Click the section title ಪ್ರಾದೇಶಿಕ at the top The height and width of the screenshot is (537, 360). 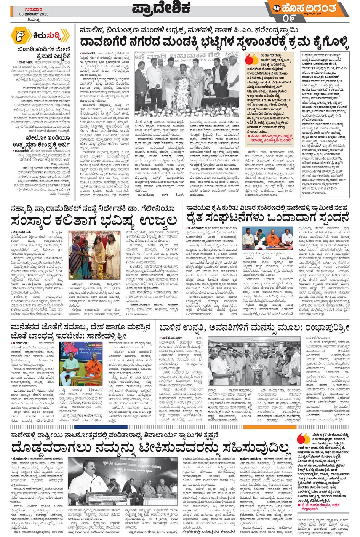point(162,8)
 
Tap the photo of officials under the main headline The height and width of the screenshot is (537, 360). point(187,85)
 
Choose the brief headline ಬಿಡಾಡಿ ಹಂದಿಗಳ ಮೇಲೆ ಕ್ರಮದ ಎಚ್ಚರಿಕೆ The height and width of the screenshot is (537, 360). point(44,53)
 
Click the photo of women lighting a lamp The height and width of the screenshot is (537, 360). point(95,254)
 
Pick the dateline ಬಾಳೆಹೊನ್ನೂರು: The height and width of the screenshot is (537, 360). point(172,338)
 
